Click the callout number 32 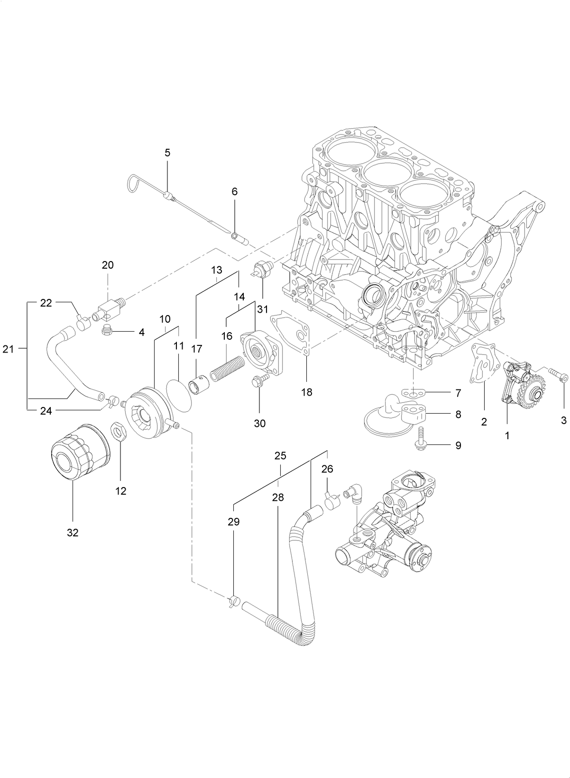(x=72, y=533)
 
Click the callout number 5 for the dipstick (x=167, y=153)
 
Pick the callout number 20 (x=108, y=265)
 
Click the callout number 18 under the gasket (x=307, y=392)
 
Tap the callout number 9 (x=458, y=445)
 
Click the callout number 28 (x=278, y=497)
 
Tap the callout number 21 (x=8, y=349)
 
